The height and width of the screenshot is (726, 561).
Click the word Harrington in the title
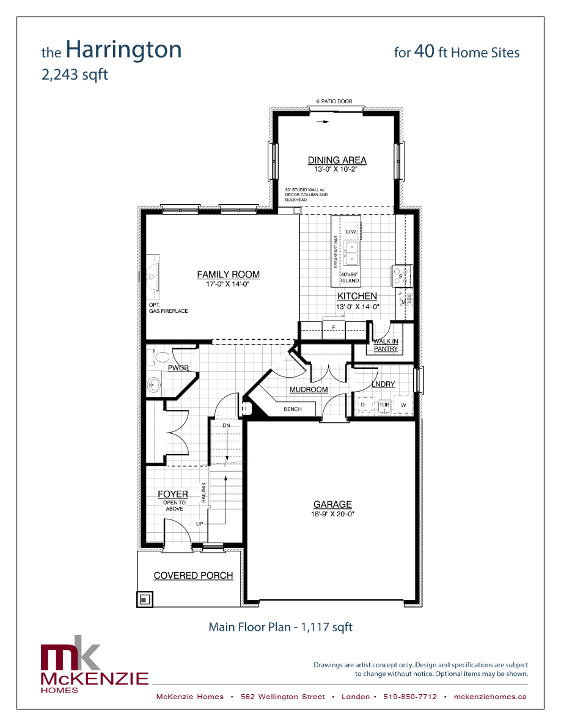[x=123, y=50]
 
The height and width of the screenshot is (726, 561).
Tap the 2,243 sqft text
[x=75, y=75]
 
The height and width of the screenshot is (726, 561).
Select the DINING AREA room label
[x=337, y=160]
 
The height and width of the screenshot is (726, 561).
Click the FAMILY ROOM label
[x=228, y=274]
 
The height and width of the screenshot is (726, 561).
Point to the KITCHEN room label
[x=357, y=296]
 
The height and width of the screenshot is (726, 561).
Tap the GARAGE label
[x=332, y=504]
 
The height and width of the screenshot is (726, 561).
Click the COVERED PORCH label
[x=193, y=575]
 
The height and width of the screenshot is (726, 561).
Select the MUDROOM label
[x=309, y=389]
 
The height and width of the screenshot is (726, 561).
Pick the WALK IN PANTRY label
[x=386, y=345]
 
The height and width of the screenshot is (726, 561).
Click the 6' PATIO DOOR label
[x=334, y=101]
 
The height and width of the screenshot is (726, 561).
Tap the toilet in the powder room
[x=162, y=357]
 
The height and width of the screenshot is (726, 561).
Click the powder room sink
[x=154, y=385]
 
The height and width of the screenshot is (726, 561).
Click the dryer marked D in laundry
[x=363, y=405]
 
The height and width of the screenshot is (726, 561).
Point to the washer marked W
[x=403, y=405]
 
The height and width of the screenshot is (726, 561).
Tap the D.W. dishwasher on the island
[x=351, y=232]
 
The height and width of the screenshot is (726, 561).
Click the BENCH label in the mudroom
[x=293, y=409]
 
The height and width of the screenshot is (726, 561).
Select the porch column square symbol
[x=144, y=599]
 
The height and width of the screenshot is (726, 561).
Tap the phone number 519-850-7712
[x=410, y=697]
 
